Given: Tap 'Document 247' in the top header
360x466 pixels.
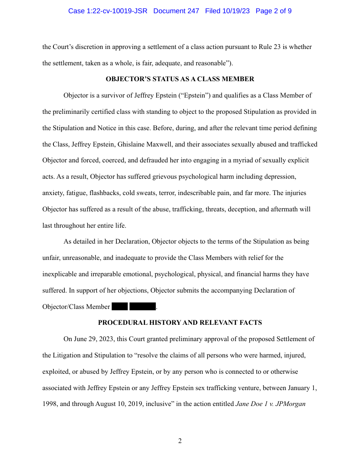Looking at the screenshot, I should tap(176, 11).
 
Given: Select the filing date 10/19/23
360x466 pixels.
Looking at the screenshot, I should tap(235, 11).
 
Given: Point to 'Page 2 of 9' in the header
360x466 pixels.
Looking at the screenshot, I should tap(274, 11).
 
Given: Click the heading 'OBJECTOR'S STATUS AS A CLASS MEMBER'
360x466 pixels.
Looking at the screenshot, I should tap(180, 79).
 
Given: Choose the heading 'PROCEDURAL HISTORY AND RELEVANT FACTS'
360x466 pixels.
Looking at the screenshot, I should tap(180, 323).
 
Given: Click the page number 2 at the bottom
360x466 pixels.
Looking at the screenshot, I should tap(180, 441).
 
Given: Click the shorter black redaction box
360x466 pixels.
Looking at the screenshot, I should tap(120, 307).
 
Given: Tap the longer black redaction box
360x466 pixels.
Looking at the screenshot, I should tap(143, 307).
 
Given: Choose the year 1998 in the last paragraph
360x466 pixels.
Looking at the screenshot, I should tap(50, 404).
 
